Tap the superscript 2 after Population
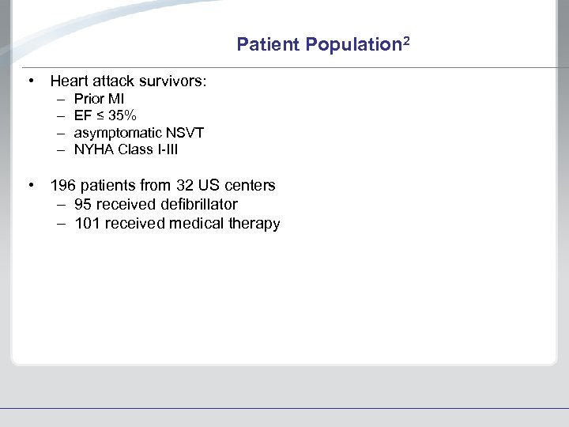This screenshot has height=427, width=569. pyautogui.click(x=405, y=40)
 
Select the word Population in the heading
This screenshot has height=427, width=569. pyautogui.click(x=350, y=45)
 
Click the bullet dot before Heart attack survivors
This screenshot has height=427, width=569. pyautogui.click(x=29, y=81)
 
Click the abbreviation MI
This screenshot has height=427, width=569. pyautogui.click(x=115, y=100)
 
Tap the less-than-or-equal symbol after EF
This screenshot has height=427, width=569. pyautogui.click(x=99, y=116)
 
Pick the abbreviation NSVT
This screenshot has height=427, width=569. pyautogui.click(x=185, y=133)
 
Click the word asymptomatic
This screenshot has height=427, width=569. pyautogui.click(x=118, y=133)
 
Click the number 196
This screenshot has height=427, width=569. pyautogui.click(x=63, y=186)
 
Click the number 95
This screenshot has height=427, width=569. pyautogui.click(x=84, y=205)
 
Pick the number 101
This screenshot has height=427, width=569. pyautogui.click(x=87, y=224)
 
